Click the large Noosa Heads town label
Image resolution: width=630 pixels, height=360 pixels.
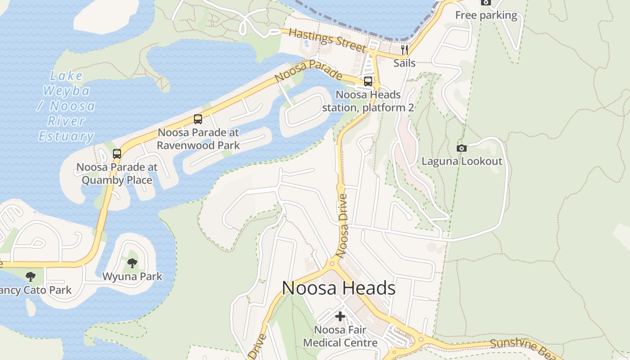338,288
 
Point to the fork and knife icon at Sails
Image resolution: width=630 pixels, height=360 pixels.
405,49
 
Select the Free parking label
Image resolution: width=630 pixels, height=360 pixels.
486,15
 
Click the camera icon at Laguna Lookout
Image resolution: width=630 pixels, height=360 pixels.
461,148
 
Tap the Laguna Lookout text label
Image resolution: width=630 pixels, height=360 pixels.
462,161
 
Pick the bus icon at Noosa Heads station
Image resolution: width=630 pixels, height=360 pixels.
368,81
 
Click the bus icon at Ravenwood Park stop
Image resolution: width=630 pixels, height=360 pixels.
198,119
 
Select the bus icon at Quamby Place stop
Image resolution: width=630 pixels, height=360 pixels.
117,154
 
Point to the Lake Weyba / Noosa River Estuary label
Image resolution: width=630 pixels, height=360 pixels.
67,106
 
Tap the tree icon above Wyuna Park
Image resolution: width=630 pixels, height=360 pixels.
132,263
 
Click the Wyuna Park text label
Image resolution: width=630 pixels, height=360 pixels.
132,276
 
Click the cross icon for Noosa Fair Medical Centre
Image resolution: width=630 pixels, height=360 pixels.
340,317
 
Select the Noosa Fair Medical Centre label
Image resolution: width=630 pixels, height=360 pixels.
340,336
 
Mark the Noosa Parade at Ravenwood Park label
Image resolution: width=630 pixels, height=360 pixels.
198,139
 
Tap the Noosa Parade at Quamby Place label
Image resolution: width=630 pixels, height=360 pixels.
117,174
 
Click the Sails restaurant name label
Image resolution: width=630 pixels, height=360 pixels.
405,63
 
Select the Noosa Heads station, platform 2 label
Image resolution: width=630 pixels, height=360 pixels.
368,101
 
